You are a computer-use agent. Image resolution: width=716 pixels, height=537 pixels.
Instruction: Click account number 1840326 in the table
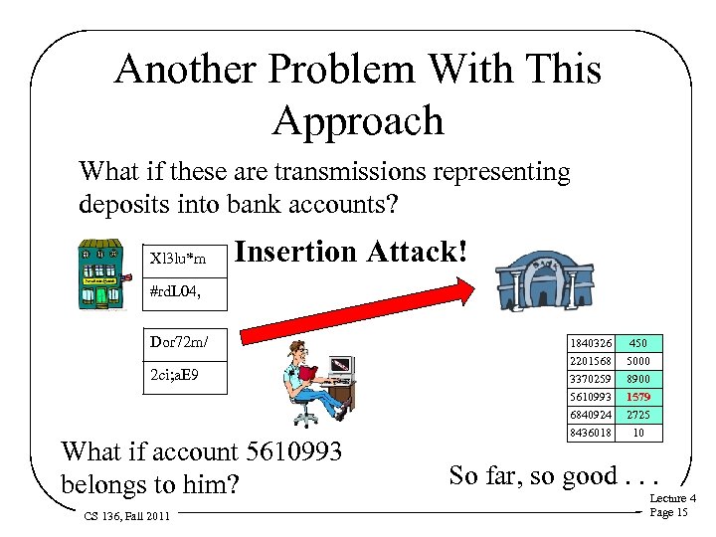591,343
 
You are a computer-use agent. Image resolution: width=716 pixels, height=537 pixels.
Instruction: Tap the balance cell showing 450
638,343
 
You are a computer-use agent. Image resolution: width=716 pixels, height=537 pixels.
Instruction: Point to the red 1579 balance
638,397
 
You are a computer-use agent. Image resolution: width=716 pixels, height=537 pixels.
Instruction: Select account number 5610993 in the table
591,397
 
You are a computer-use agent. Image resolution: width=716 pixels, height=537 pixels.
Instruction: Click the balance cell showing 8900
638,379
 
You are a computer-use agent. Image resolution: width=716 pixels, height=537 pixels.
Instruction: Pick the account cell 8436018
591,433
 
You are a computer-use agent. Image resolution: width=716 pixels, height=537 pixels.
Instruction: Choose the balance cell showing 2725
638,415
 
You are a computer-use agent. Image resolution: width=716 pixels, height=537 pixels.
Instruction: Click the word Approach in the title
358,120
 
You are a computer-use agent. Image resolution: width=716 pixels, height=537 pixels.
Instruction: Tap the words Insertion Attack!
350,252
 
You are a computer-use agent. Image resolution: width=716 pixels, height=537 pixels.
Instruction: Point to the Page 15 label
667,512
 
